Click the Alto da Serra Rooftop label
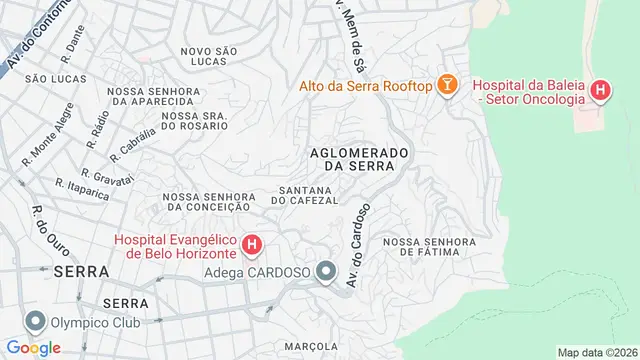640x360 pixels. pyautogui.click(x=365, y=87)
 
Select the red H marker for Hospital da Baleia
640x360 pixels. pyautogui.click(x=599, y=92)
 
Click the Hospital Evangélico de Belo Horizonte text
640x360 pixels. pyautogui.click(x=174, y=245)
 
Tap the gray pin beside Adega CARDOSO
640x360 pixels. pyautogui.click(x=326, y=271)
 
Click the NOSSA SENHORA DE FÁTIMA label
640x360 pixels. pyautogui.click(x=427, y=246)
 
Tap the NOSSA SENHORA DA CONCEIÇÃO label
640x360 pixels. pyautogui.click(x=204, y=201)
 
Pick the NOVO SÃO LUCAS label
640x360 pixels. pyautogui.click(x=210, y=55)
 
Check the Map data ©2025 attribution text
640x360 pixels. pyautogui.click(x=596, y=352)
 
